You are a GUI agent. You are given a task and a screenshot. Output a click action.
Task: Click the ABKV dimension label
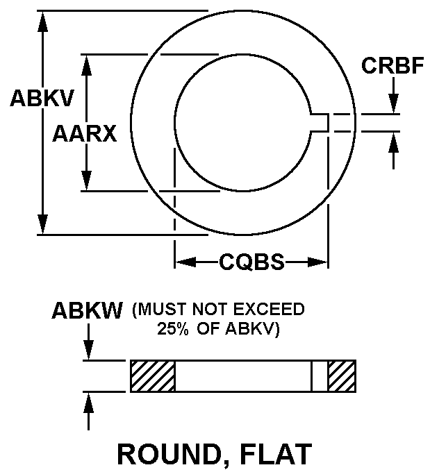pos(42,98)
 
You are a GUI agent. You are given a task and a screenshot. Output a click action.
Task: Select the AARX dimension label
pos(84,134)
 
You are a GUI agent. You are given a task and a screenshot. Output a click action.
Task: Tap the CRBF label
pos(392,65)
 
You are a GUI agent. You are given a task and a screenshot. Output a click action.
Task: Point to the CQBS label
pos(251,262)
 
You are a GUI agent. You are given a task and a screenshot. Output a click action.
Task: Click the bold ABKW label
pos(87,310)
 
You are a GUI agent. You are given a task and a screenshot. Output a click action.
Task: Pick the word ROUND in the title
pos(169,454)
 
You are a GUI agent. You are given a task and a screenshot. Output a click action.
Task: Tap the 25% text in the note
pos(173,329)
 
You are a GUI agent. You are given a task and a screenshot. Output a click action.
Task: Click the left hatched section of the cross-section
pos(153,376)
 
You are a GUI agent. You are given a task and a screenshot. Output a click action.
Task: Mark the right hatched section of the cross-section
pos(342,376)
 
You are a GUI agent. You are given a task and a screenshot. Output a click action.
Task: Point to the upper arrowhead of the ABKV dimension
pos(43,21)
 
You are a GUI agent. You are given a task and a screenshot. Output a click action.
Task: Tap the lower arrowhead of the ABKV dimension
pos(43,224)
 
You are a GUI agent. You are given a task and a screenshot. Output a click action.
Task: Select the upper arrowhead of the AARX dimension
pos(87,65)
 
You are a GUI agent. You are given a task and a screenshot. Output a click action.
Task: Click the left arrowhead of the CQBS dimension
pos(185,262)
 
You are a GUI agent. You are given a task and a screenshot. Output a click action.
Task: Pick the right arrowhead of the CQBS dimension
pos(317,262)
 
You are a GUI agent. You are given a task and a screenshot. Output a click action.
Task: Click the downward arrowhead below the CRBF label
pos(393,104)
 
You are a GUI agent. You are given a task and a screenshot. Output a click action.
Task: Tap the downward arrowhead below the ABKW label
pos(88,350)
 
